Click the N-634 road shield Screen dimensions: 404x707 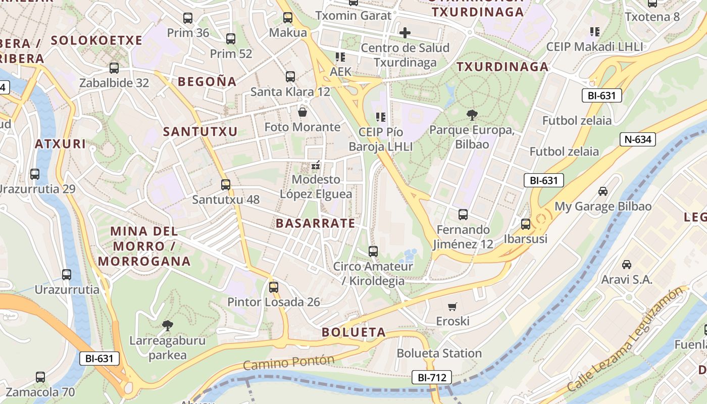click(x=638, y=139)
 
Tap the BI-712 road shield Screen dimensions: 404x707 click(x=431, y=377)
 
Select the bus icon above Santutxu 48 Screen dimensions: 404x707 click(x=226, y=185)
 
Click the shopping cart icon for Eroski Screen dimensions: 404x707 click(x=452, y=307)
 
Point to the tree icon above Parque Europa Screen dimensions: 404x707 click(x=472, y=115)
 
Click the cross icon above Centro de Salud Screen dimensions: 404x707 click(x=405, y=33)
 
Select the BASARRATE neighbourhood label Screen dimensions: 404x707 click(x=316, y=223)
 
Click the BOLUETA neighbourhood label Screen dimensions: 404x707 click(x=353, y=332)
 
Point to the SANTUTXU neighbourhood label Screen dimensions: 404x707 click(x=200, y=132)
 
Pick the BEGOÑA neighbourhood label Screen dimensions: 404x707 click(x=207, y=81)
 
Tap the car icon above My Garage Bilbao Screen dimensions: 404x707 click(x=603, y=191)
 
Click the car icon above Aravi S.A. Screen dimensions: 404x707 click(x=627, y=265)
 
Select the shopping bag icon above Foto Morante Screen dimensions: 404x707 click(x=302, y=112)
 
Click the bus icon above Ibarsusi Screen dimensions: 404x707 click(x=526, y=224)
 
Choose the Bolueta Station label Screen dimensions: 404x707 click(x=439, y=353)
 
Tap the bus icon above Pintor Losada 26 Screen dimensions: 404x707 click(x=273, y=287)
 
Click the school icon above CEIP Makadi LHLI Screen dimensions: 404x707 click(x=595, y=32)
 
